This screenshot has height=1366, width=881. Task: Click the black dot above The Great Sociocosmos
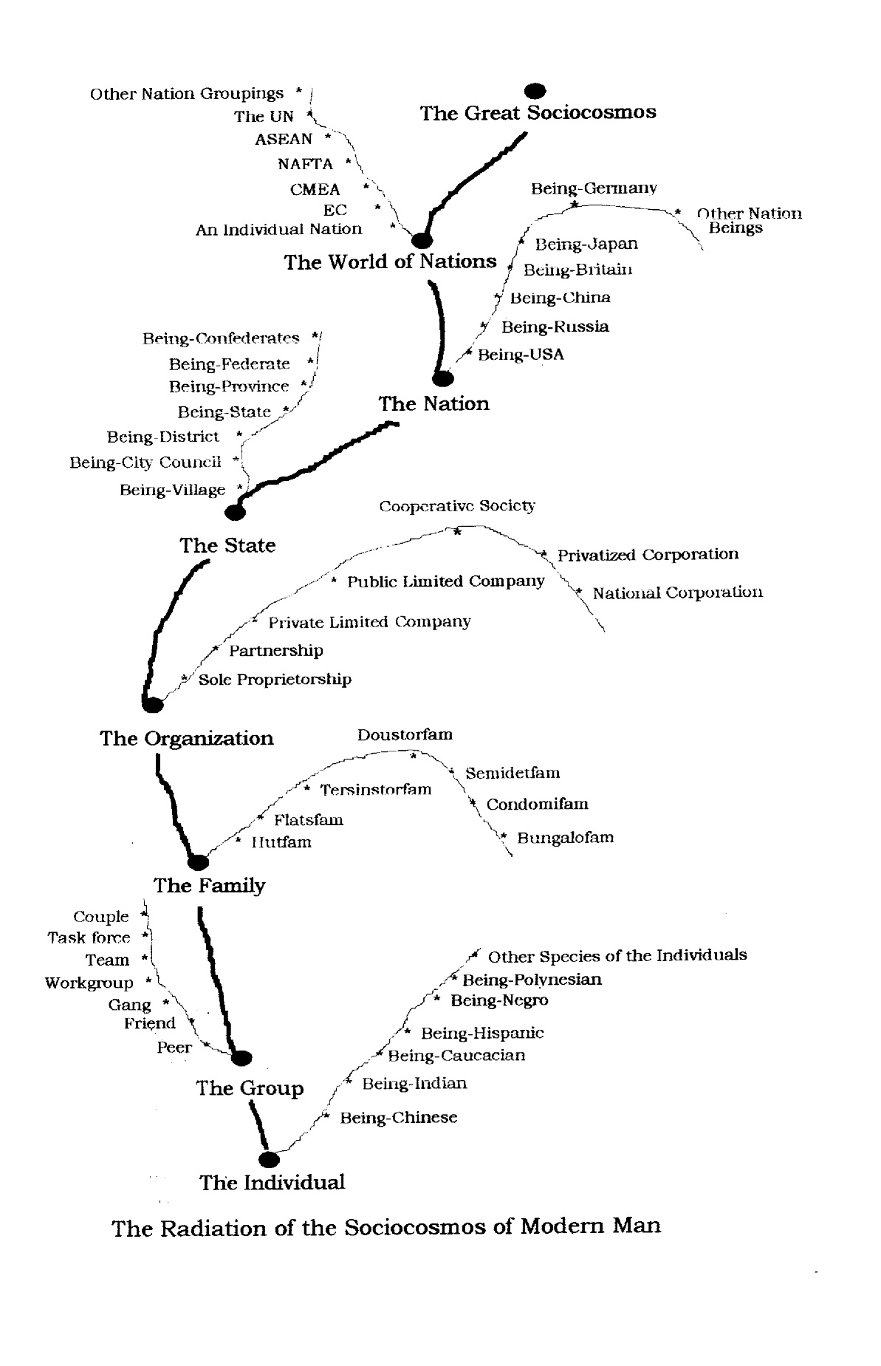click(535, 91)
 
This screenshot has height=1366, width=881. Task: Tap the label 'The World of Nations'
click(391, 262)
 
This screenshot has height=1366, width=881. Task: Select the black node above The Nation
click(442, 379)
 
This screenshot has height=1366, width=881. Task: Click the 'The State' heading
click(227, 545)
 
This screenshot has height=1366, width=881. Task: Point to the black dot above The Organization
click(152, 704)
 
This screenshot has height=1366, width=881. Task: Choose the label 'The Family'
click(209, 885)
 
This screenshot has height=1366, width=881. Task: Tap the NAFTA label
click(306, 163)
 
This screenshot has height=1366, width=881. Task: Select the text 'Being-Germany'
click(594, 188)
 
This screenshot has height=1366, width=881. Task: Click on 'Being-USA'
click(521, 355)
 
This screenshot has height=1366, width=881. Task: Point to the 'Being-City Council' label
click(145, 462)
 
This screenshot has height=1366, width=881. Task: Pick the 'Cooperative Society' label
click(457, 506)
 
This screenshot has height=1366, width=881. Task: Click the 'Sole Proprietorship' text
click(275, 679)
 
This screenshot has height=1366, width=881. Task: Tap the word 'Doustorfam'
click(405, 734)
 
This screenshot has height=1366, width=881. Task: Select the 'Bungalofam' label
click(565, 838)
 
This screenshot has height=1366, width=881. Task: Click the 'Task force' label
click(89, 938)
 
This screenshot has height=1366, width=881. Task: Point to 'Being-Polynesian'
click(532, 980)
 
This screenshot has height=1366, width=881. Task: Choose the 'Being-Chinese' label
click(398, 1118)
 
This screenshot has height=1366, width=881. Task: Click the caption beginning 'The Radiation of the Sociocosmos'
click(386, 1228)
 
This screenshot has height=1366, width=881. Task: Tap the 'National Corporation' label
click(677, 592)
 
